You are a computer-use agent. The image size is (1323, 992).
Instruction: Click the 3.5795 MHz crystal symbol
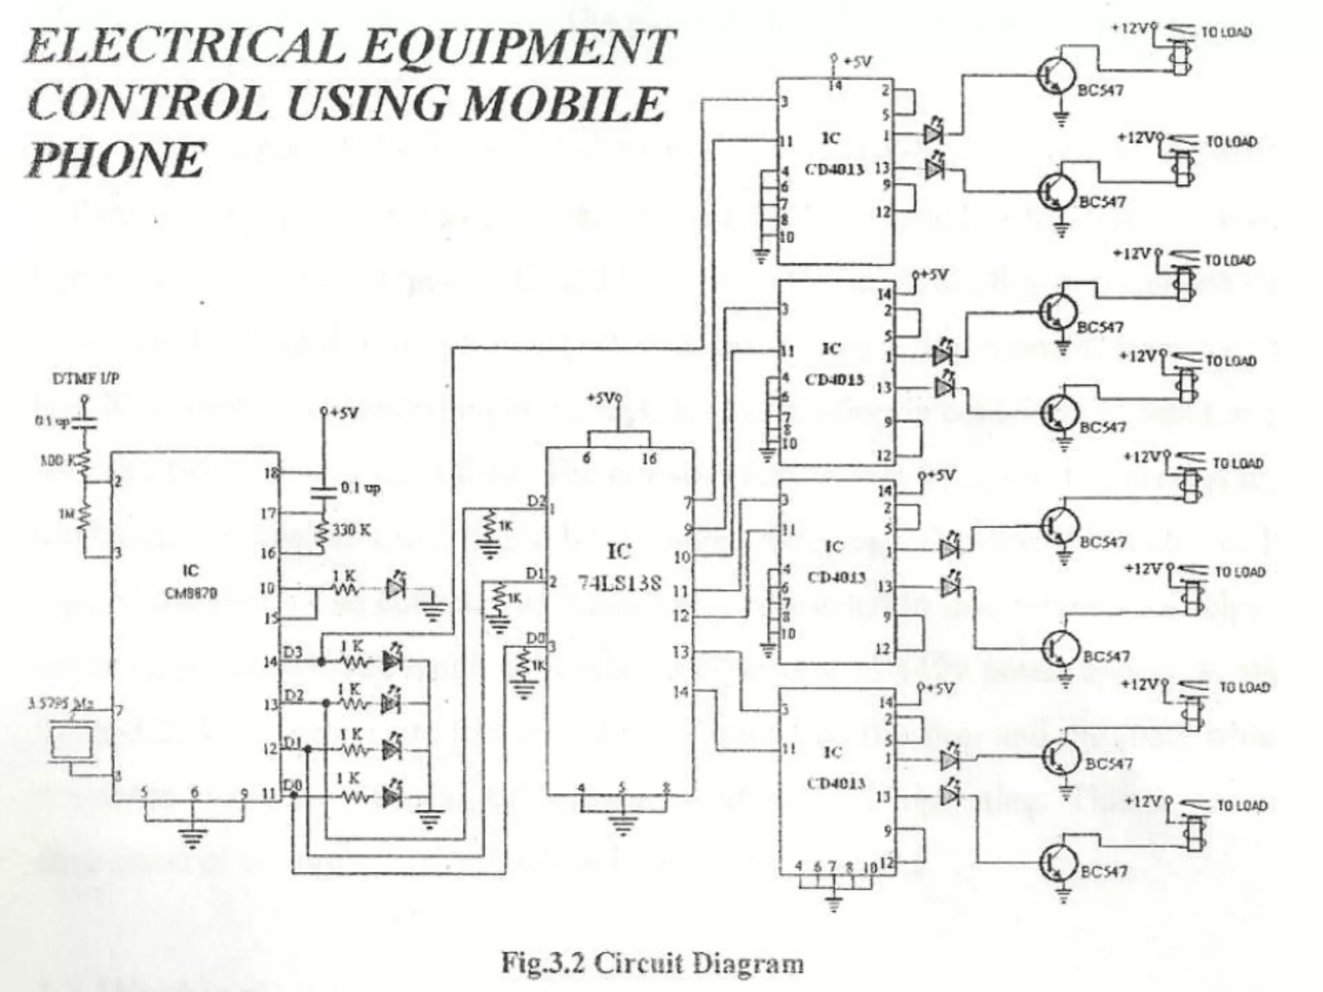pyautogui.click(x=71, y=743)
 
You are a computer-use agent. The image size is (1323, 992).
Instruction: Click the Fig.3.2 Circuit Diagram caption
pyautogui.click(x=652, y=963)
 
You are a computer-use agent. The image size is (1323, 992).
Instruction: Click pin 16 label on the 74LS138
pyautogui.click(x=649, y=459)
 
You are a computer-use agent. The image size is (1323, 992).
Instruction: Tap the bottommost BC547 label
pyautogui.click(x=1106, y=871)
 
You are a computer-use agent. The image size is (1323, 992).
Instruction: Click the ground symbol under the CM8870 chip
pyautogui.click(x=191, y=838)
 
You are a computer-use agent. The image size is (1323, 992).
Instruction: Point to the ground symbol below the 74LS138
pyautogui.click(x=621, y=825)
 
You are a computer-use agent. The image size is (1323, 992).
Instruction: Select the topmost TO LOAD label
pyautogui.click(x=1225, y=32)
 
